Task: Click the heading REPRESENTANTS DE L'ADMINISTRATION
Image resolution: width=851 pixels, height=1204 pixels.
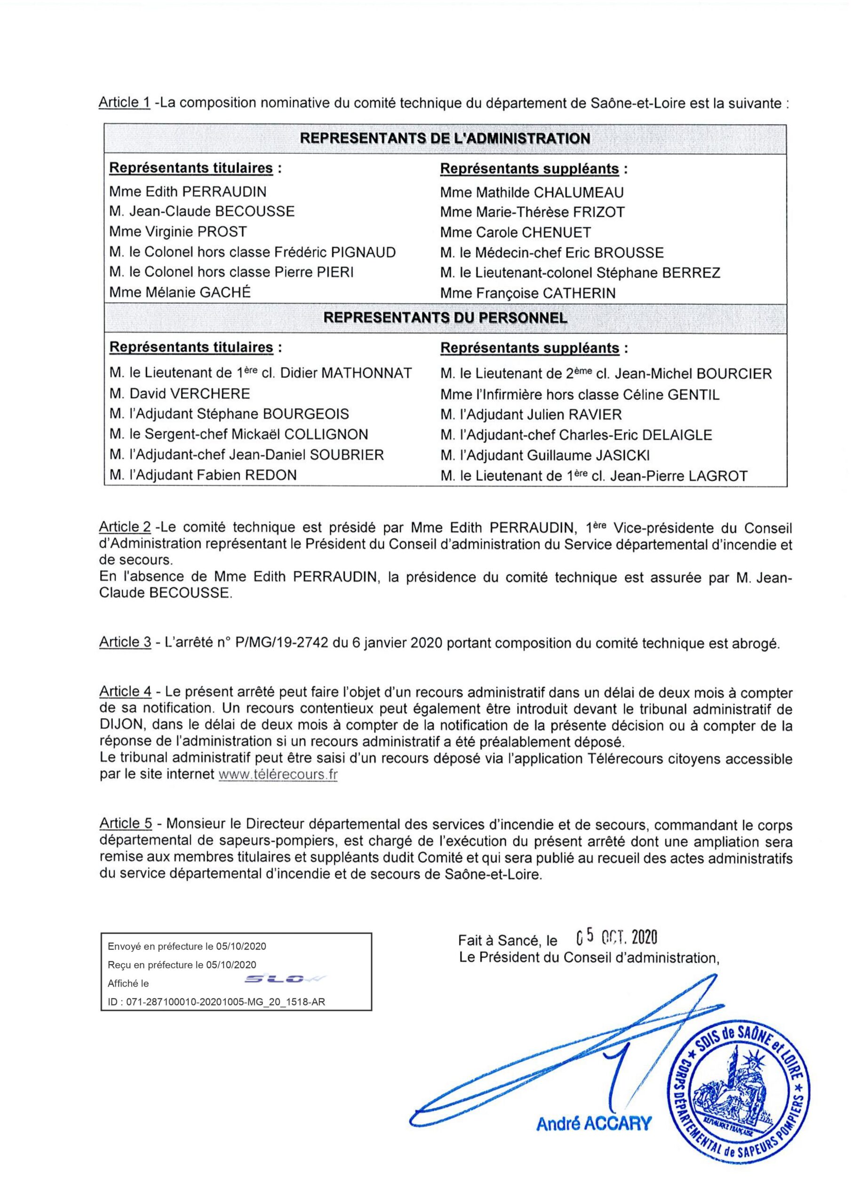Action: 445,138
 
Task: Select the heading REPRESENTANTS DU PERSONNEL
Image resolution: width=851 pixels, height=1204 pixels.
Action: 445,318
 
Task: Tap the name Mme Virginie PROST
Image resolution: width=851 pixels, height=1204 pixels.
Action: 178,232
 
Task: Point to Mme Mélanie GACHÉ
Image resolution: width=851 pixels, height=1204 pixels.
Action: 180,292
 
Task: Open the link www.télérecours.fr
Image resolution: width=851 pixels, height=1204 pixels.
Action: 278,775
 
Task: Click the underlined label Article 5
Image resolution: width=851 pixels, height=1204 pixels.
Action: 126,824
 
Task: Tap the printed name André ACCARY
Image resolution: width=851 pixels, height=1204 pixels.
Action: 593,1123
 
